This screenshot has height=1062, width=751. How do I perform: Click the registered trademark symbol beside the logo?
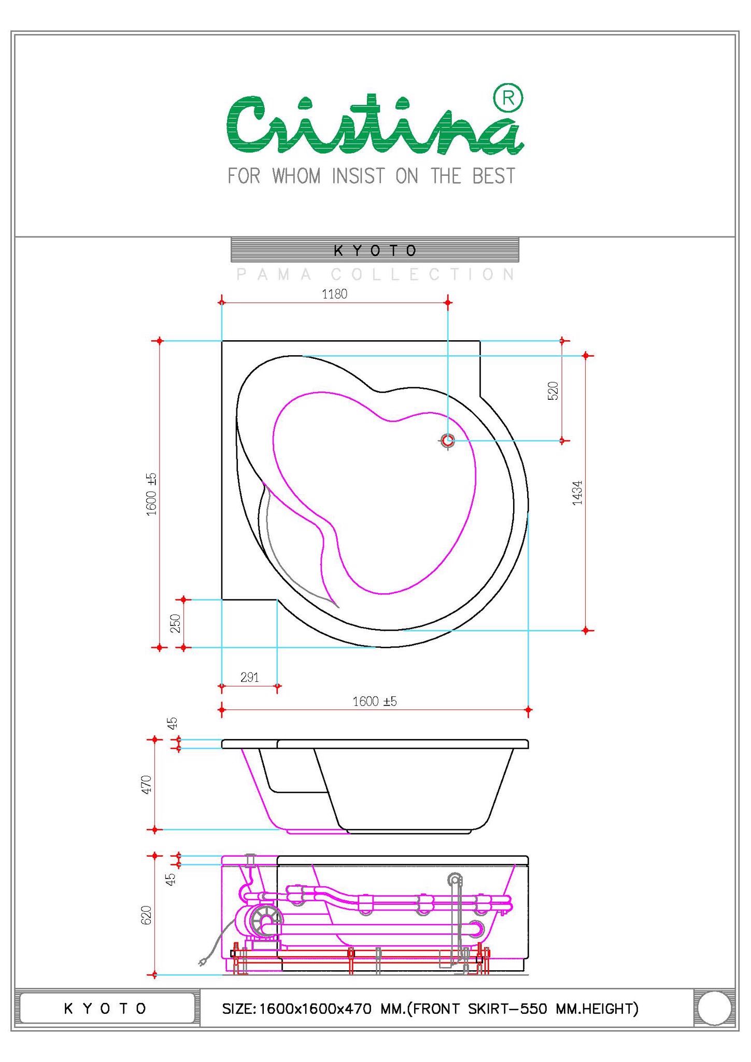508,99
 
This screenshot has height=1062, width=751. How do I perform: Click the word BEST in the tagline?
493,176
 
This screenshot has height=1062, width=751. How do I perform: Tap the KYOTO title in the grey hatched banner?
375,251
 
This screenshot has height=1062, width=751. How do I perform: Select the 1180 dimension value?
334,294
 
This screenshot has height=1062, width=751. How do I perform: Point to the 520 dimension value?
553,390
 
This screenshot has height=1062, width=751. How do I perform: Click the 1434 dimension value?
577,493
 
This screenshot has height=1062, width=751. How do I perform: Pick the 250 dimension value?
176,623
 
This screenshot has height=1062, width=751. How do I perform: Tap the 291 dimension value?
249,677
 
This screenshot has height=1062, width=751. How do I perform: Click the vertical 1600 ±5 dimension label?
151,494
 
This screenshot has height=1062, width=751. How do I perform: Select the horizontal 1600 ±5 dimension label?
374,702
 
